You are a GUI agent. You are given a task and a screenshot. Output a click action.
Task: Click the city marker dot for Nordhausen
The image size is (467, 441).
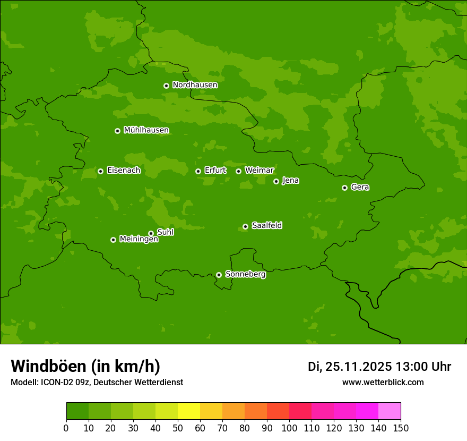(166, 86)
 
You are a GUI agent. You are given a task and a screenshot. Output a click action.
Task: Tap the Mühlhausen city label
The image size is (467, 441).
(146, 130)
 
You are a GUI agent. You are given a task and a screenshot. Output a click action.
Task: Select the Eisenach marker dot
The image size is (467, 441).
(100, 171)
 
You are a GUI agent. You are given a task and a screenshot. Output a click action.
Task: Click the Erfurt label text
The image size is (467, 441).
(215, 171)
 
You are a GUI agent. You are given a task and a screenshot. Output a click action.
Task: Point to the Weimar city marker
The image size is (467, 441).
(238, 171)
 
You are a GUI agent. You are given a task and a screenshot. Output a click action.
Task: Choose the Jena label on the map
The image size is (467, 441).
(290, 181)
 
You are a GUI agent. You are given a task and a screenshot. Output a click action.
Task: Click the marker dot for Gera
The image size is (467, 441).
(344, 188)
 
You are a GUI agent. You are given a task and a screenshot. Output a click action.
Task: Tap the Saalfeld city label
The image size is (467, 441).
(266, 226)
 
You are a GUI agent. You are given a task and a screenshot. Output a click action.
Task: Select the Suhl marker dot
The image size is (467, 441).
(151, 233)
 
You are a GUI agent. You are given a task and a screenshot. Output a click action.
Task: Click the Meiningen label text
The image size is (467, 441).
(139, 240)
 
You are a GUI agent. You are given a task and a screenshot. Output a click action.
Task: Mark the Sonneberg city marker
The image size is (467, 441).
(219, 275)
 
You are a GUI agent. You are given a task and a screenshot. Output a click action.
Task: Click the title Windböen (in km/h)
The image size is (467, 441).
(85, 366)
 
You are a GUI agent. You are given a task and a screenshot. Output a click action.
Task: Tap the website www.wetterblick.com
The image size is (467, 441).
(383, 382)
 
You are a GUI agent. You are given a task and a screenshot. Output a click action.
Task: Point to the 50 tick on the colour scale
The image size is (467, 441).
(178, 428)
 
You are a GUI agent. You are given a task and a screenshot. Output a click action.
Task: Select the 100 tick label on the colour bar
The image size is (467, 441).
(289, 428)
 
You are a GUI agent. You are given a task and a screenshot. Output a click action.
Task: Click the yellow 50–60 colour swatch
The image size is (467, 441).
(189, 411)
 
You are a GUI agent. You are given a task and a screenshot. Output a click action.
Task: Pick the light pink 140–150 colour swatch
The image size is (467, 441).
(390, 411)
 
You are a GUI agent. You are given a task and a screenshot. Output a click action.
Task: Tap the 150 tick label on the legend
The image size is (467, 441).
(401, 428)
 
